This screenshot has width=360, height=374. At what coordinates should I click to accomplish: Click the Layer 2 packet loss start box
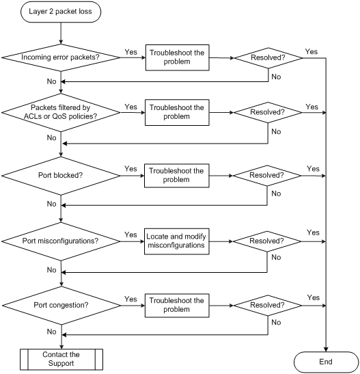coord(61,12)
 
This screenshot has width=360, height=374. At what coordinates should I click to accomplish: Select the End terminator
coord(326,362)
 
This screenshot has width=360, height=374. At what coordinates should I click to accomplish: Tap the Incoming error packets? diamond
coord(61,57)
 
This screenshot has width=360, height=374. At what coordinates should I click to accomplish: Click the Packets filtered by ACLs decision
coord(61,112)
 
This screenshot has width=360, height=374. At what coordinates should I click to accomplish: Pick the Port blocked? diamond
coord(61,176)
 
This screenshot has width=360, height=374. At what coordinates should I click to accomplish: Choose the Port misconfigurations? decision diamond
coord(61,241)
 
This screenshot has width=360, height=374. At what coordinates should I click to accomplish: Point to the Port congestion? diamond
coord(61,306)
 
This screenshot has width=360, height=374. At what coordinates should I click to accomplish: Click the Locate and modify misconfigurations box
coord(176,241)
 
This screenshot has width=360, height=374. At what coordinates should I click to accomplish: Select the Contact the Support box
coord(61,359)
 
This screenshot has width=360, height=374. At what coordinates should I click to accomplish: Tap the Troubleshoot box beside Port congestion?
coord(177,306)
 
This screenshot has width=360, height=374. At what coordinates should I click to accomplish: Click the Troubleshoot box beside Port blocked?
coord(176,176)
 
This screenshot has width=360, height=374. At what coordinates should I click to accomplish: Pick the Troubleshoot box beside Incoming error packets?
coord(177,57)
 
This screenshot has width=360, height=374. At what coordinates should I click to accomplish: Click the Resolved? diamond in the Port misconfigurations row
coord(267,241)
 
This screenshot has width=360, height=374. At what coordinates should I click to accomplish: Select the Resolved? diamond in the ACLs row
coord(268,112)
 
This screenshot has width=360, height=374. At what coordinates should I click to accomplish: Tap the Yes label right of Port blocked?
coord(130,169)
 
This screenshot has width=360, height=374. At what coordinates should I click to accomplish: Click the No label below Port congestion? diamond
coord(51,332)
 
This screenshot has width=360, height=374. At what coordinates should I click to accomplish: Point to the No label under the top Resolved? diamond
coord(276,77)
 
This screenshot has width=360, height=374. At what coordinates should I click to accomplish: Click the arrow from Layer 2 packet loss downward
coord(61,34)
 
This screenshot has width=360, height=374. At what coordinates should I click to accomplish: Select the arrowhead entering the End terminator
coord(326,349)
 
